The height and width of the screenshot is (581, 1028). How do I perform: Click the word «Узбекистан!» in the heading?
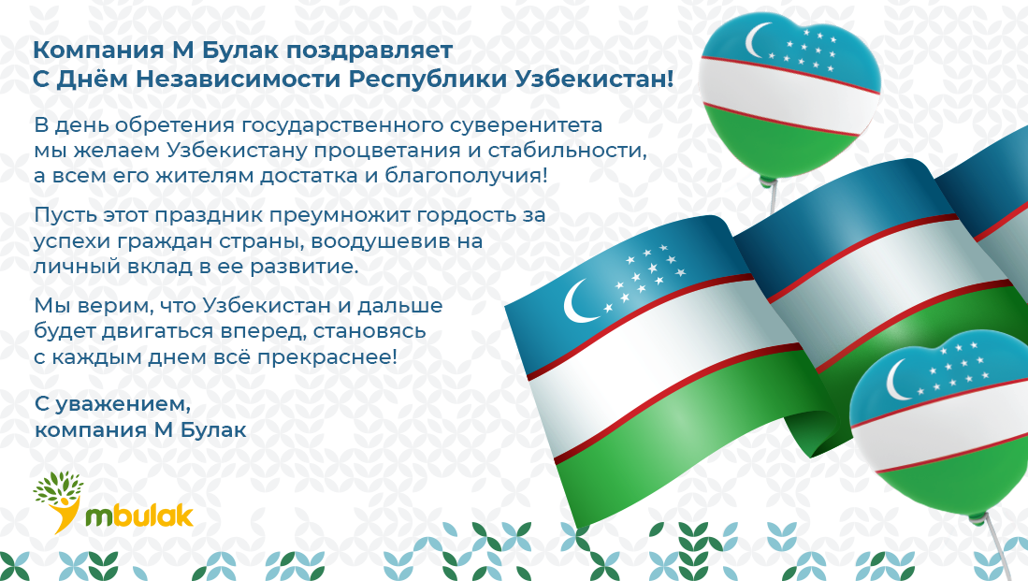pyautogui.click(x=594, y=80)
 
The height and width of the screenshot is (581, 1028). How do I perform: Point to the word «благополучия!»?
pyautogui.click(x=466, y=176)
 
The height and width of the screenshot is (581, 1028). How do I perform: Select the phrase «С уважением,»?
pyautogui.click(x=113, y=404)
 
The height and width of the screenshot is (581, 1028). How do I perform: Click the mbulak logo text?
pyautogui.click(x=139, y=516)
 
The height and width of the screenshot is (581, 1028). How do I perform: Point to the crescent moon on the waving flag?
pyautogui.click(x=577, y=301)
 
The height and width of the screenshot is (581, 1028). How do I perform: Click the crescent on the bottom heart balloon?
pyautogui.click(x=897, y=381)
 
